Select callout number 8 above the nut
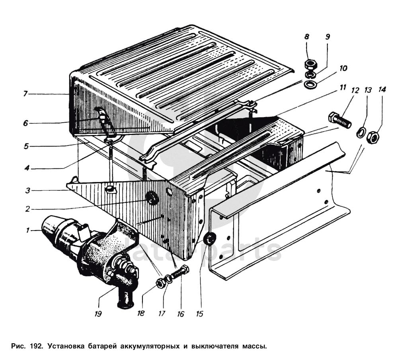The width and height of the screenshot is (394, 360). pos(307,37)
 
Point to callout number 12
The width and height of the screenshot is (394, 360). pos(353,90)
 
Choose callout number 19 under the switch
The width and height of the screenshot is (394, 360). pos(98,313)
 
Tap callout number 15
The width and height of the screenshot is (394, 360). pos(199,314)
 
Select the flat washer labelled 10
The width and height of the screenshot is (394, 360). pos(311,84)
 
